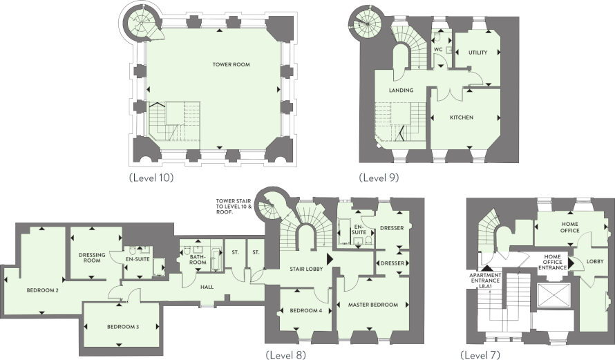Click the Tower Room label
(x=231, y=64)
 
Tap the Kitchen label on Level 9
(x=462, y=117)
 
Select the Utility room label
(x=477, y=53)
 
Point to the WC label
(x=438, y=50)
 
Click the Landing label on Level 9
(x=401, y=91)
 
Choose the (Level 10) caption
(x=151, y=178)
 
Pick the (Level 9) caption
(x=379, y=178)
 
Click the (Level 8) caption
(x=285, y=355)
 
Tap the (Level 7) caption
(x=480, y=355)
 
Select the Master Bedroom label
(x=373, y=305)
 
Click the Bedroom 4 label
(x=306, y=310)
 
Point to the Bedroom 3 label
(x=123, y=327)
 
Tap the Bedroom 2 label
(x=42, y=291)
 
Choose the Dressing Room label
(x=92, y=258)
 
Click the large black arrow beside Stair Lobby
(x=330, y=259)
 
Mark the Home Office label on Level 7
(x=569, y=227)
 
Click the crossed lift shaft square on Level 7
(x=553, y=296)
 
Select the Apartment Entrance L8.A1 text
(x=485, y=281)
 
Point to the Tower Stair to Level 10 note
(x=234, y=207)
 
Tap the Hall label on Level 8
(x=207, y=287)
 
